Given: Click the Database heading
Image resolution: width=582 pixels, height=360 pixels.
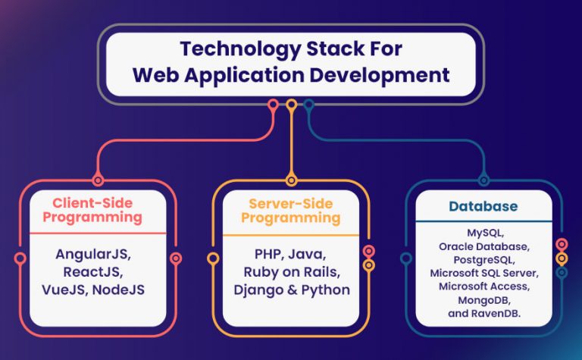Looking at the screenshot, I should point(483,206).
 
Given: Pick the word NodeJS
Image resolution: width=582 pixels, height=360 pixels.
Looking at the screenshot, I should point(120,290).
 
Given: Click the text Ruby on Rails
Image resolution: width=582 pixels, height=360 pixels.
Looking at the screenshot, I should point(291,271).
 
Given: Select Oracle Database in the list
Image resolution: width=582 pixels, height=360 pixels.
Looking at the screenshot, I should point(482,246).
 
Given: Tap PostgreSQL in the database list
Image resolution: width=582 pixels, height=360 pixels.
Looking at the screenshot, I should point(482,259).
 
